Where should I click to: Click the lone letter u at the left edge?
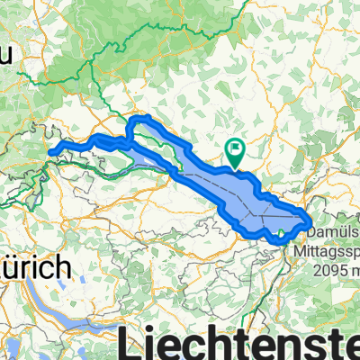tap(5, 56)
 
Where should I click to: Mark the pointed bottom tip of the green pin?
tap(235, 166)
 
